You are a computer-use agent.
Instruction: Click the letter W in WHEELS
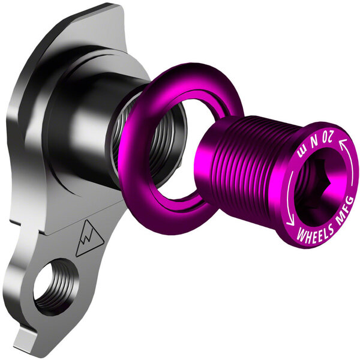(x=293, y=231)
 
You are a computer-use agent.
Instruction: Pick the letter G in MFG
(x=349, y=200)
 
